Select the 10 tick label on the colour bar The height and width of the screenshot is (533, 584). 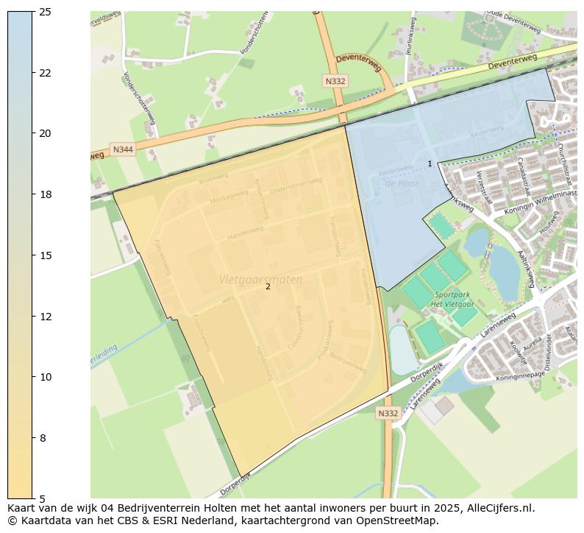tap(45, 377)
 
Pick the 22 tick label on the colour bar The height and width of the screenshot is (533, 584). tap(45, 73)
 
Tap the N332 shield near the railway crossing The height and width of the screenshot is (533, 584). tap(335, 80)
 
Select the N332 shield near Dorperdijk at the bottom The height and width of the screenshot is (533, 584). tap(388, 413)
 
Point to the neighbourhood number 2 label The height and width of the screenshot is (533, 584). tap(268, 287)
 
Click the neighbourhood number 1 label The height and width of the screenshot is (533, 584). tap(430, 163)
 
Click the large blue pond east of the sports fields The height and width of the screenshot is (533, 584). tap(504, 269)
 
